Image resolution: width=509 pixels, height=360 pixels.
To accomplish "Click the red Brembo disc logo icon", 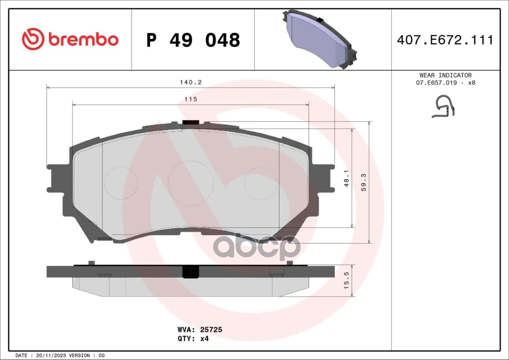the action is pyautogui.click(x=33, y=39).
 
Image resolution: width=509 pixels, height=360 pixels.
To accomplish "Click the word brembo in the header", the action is pyautogui.click(x=84, y=39).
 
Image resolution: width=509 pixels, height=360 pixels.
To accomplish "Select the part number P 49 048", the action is pyautogui.click(x=193, y=40).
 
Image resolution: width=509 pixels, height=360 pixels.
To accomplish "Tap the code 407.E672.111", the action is pyautogui.click(x=445, y=40).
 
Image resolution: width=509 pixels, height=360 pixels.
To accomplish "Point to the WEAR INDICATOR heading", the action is pyautogui.click(x=445, y=75).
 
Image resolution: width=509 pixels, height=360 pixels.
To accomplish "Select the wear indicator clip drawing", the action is pyautogui.click(x=443, y=106).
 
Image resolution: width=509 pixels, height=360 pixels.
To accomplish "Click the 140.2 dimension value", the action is pyautogui.click(x=190, y=82).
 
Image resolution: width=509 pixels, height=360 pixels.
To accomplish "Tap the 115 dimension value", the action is pyautogui.click(x=190, y=99).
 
